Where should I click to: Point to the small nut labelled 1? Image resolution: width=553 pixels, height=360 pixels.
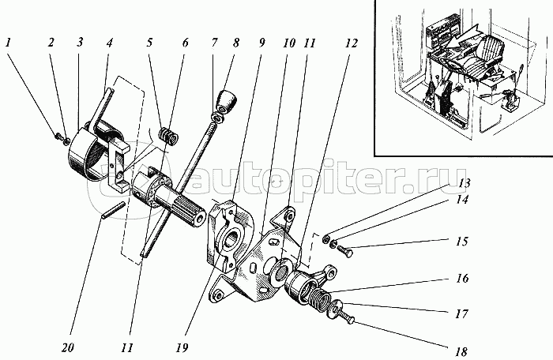pyautogui.click(x=58, y=137)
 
